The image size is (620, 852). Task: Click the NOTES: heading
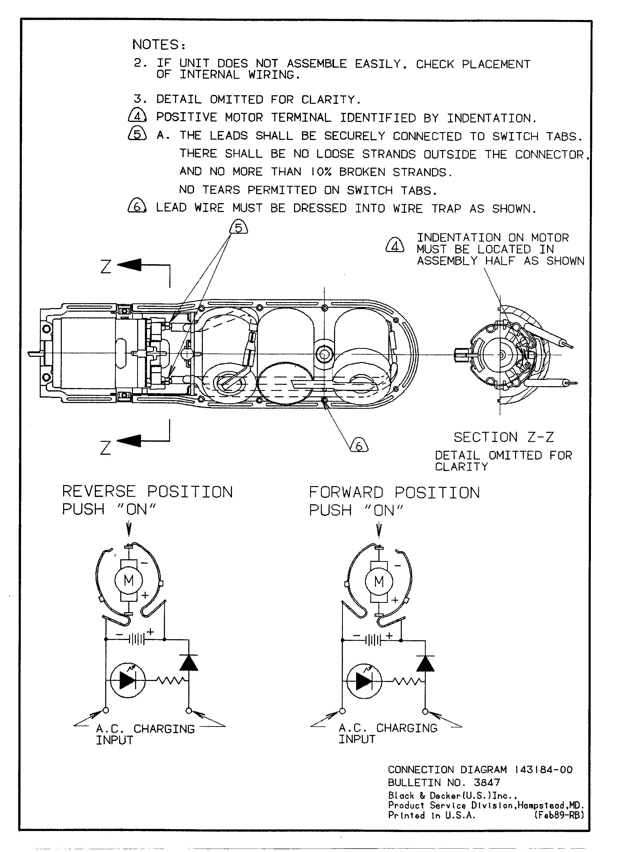coord(159,45)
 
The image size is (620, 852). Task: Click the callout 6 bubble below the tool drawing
coord(359,446)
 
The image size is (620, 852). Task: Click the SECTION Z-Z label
coord(503,437)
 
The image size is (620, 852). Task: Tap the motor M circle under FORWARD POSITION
coord(379,582)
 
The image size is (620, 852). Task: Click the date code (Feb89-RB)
coord(559,815)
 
